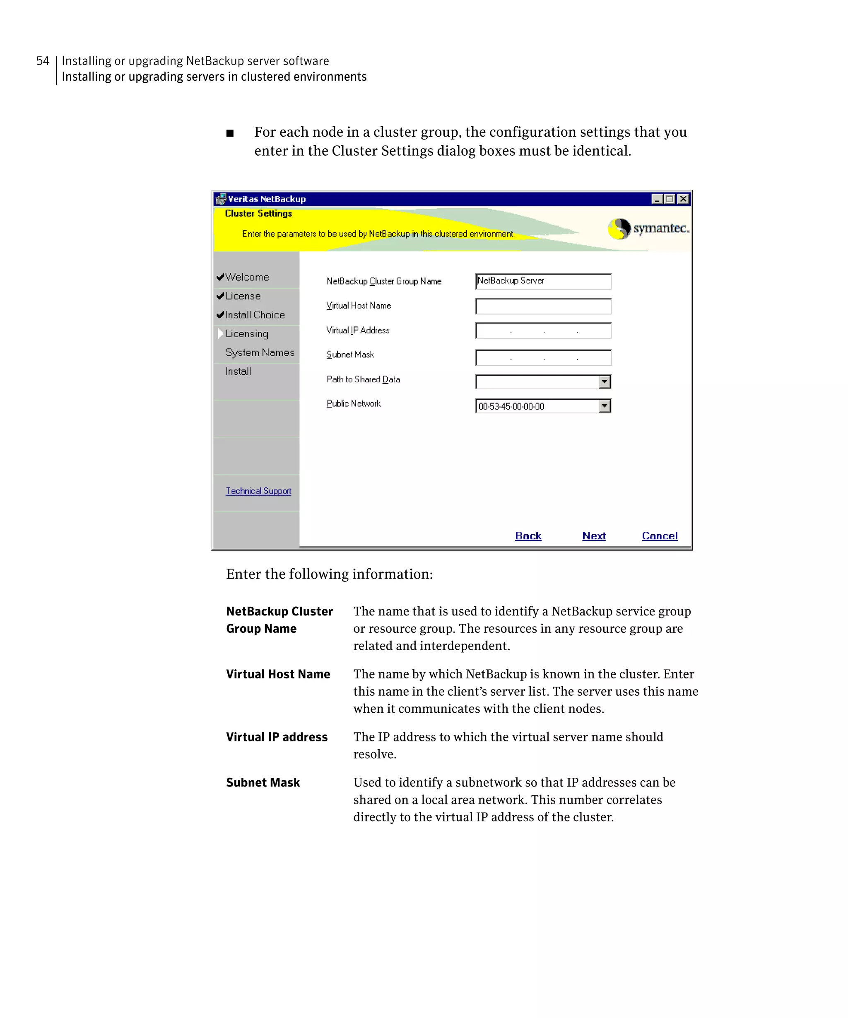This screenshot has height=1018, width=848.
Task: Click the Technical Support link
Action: tap(258, 491)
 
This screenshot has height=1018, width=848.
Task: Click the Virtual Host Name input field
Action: tap(543, 306)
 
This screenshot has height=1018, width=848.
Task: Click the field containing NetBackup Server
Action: tap(543, 281)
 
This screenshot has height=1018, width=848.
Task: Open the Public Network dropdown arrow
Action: tap(604, 406)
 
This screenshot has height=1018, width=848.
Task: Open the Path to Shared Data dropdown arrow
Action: tap(604, 381)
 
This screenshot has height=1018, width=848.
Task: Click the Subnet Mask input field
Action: tap(543, 358)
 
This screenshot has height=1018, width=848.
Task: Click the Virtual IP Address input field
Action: tap(543, 330)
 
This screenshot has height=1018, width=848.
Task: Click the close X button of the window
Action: tap(683, 199)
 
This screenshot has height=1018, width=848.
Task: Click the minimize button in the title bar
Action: tap(657, 199)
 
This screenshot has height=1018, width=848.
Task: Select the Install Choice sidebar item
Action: tap(255, 315)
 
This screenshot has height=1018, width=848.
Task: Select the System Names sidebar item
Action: tap(260, 352)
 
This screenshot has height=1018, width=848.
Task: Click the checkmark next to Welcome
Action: tap(220, 277)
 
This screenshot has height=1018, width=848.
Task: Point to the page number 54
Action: tap(43, 61)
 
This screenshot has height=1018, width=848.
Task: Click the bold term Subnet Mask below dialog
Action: tap(263, 782)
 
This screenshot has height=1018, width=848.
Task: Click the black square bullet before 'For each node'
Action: tap(230, 133)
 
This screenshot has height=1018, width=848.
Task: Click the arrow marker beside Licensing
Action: tap(220, 333)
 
